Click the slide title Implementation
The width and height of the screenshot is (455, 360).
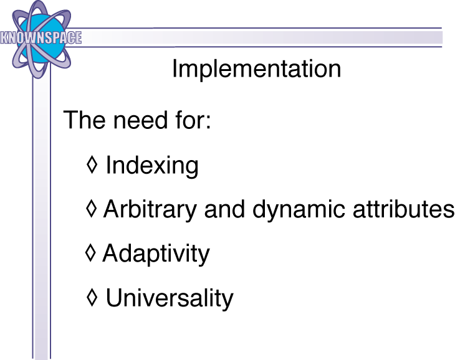(x=257, y=70)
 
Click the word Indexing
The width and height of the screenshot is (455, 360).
(x=152, y=166)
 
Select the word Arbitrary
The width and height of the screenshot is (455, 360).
(x=150, y=210)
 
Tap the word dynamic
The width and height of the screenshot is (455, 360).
(x=299, y=210)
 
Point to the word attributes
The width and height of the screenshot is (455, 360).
(x=404, y=209)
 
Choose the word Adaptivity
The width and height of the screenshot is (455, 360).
(x=156, y=254)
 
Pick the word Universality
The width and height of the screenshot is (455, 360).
(x=170, y=298)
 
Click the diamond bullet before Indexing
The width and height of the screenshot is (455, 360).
(x=92, y=164)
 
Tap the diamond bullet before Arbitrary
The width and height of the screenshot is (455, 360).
(x=92, y=209)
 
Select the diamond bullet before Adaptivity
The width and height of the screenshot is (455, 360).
(x=90, y=253)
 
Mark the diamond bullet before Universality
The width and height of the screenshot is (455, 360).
(x=92, y=297)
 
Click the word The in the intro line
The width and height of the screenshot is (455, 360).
(x=84, y=120)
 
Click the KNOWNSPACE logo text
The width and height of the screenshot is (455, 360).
(x=41, y=37)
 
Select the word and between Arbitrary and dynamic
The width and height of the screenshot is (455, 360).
(x=224, y=209)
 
